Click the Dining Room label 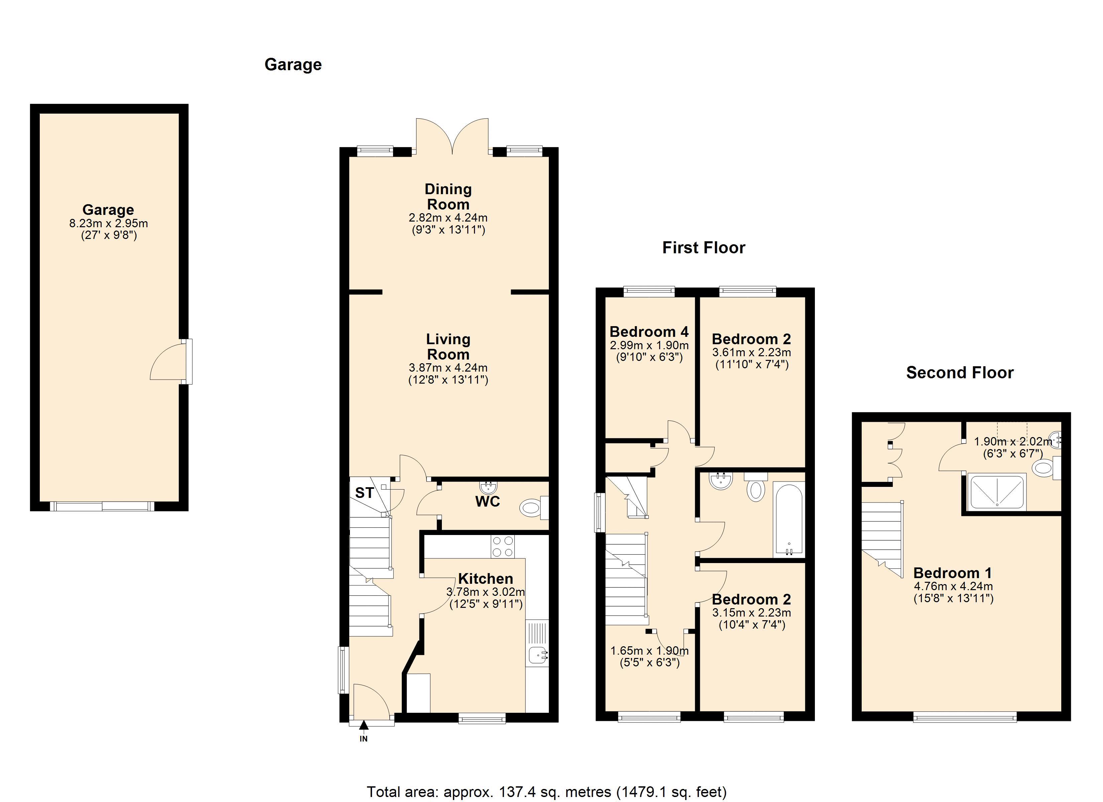click(x=448, y=196)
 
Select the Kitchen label click(x=485, y=579)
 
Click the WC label click(x=487, y=502)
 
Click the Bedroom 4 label click(x=649, y=332)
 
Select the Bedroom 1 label click(x=952, y=573)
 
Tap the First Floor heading click(x=703, y=248)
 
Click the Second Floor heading click(x=960, y=373)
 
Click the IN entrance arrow click(x=363, y=725)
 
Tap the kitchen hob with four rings click(x=502, y=546)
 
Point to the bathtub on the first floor click(x=788, y=519)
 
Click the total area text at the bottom click(x=546, y=792)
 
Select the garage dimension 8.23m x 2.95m click(x=108, y=224)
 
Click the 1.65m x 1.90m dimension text click(x=649, y=651)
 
